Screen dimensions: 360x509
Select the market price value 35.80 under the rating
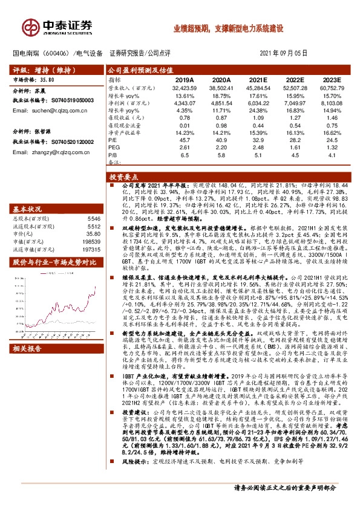(47, 80)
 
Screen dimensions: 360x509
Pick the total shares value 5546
(94, 218)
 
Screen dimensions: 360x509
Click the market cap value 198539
(93, 241)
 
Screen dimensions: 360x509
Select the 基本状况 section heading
(26, 208)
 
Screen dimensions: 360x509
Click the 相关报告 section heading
(26, 349)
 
